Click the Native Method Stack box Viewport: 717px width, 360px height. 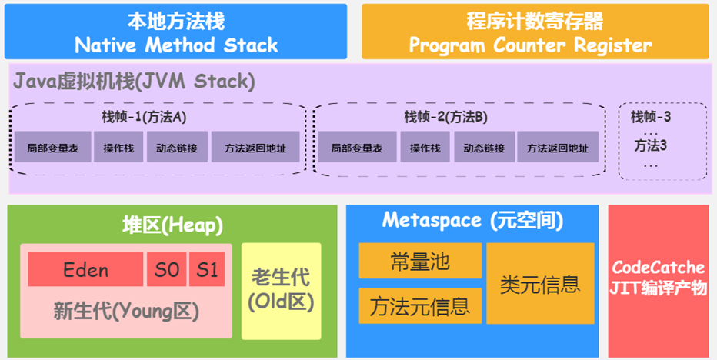coord(175,32)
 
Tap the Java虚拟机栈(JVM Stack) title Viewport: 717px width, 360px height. coord(134,81)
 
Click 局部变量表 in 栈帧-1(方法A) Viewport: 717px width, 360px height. coord(52,147)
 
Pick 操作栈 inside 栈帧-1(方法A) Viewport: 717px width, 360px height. coord(118,147)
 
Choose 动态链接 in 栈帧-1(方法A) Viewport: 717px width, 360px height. coord(177,147)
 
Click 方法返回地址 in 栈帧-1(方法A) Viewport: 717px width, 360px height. coord(254,147)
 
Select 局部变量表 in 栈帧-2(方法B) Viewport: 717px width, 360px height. coord(356,147)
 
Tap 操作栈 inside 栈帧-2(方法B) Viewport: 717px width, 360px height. coord(424,147)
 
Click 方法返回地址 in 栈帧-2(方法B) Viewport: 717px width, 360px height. coord(558,147)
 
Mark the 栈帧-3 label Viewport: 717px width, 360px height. coord(651,117)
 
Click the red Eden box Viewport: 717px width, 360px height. coord(85,270)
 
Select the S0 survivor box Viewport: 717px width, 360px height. coord(165,270)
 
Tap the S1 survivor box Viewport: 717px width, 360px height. coord(206,270)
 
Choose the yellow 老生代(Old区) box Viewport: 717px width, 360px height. coord(281,291)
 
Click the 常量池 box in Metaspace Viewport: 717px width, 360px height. coord(420,261)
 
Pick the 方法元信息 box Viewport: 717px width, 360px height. coord(420,306)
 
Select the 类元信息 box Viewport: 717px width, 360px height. coord(540,284)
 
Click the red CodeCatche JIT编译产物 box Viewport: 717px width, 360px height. coord(658,278)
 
